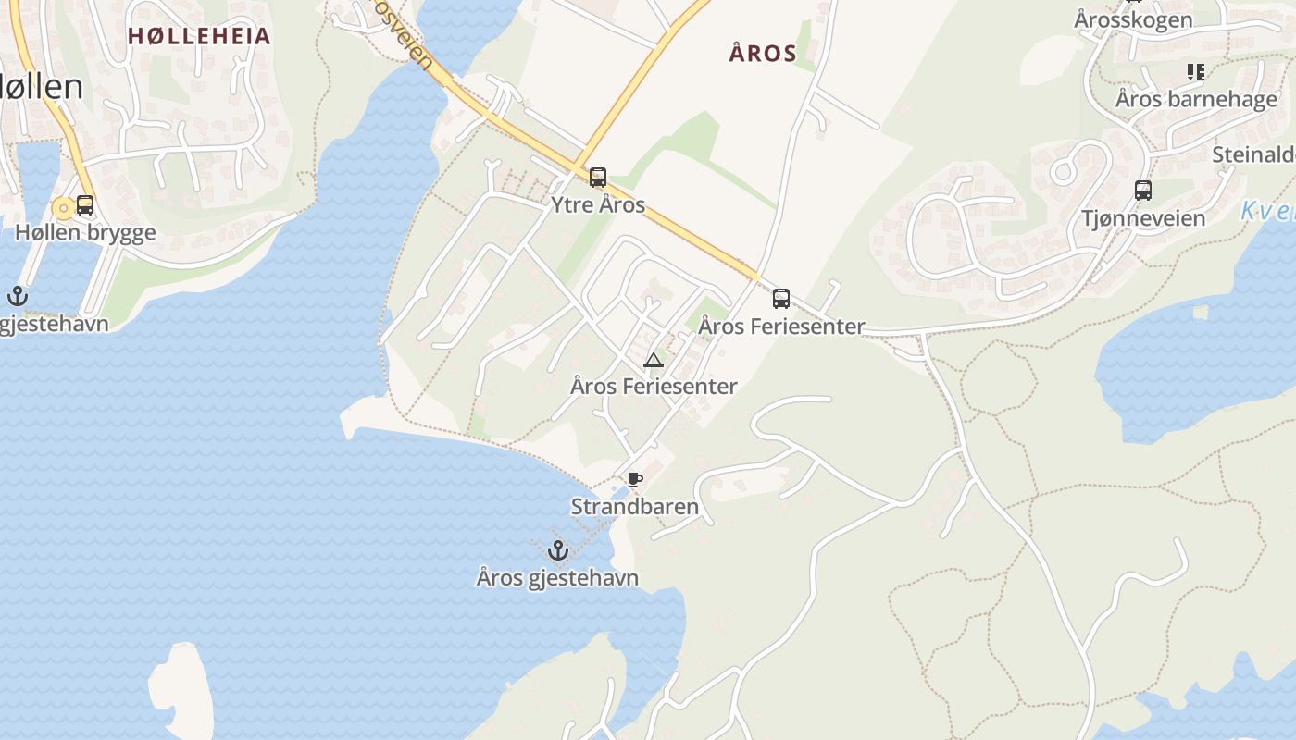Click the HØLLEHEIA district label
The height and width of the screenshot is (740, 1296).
[199, 36]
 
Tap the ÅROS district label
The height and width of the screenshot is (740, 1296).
[763, 54]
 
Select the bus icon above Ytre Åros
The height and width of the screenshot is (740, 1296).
[598, 178]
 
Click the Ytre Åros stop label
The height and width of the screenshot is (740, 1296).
[598, 204]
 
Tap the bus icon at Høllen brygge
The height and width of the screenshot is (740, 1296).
[85, 205]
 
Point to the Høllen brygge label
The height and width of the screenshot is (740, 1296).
[85, 232]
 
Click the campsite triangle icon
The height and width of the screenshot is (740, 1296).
[654, 360]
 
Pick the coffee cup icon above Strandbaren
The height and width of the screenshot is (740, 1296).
[634, 479]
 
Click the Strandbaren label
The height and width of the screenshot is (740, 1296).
[634, 507]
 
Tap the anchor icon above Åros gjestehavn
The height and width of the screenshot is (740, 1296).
[557, 550]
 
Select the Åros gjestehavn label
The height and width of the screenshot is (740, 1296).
[557, 578]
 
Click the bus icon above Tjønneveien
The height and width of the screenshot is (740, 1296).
[1143, 191]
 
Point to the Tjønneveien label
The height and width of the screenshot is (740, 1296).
[1143, 218]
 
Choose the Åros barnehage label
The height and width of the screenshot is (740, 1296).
[1196, 99]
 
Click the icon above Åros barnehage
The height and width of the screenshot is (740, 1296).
[1196, 71]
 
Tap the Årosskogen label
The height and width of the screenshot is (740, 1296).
[1133, 18]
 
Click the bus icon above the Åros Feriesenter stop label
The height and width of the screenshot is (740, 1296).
[781, 299]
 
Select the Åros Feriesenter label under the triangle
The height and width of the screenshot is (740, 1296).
[654, 387]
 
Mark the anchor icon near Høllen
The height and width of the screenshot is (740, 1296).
[17, 296]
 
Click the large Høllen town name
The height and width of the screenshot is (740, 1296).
[42, 86]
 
